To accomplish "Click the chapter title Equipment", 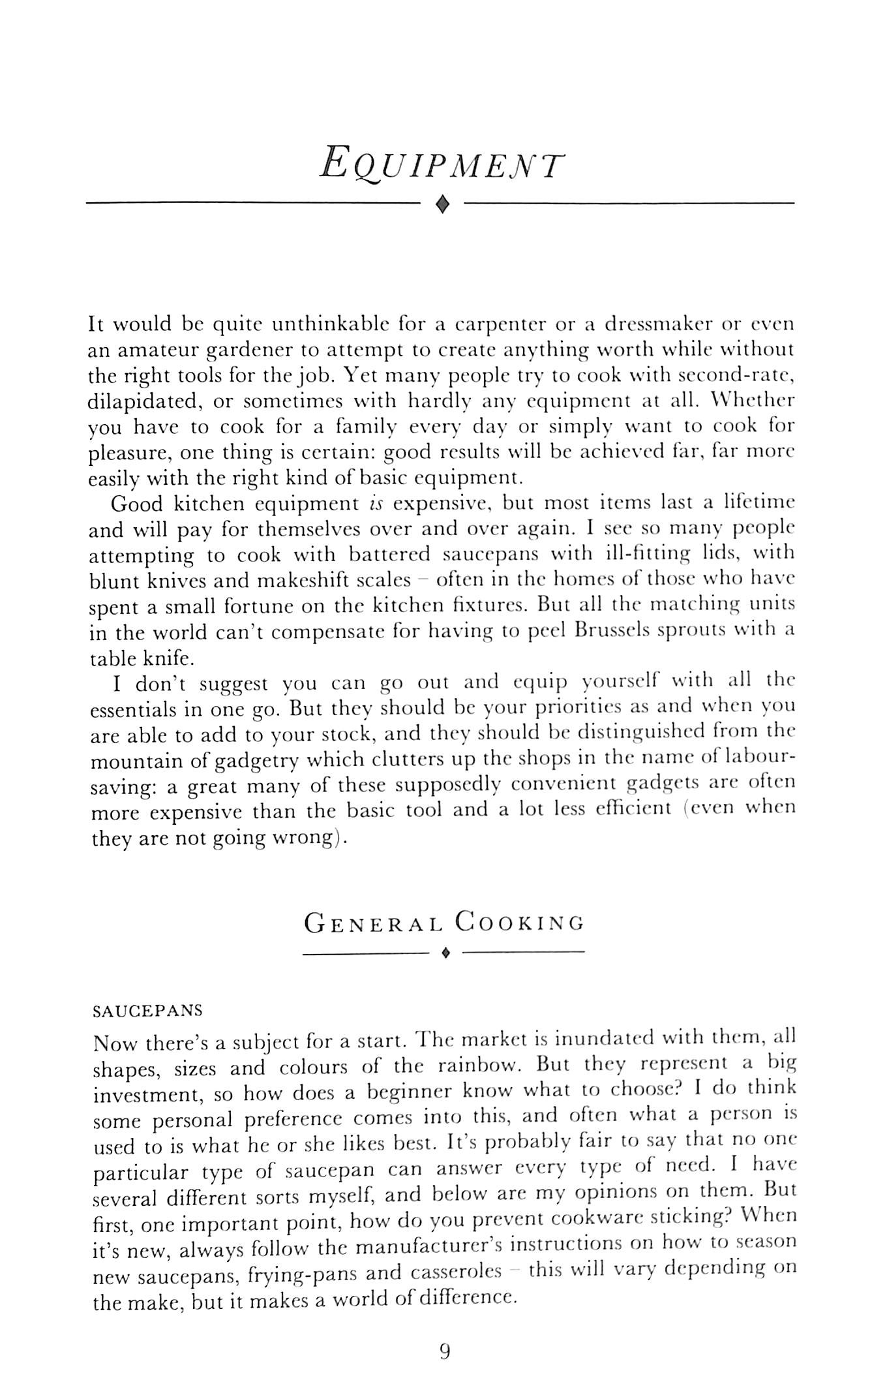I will pos(442,162).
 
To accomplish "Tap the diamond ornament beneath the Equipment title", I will pos(443,206).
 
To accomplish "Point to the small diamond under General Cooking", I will pos(445,954).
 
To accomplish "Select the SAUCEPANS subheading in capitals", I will pos(148,1011).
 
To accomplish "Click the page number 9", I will pos(445,1351).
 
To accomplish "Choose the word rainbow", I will pos(479,1067).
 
